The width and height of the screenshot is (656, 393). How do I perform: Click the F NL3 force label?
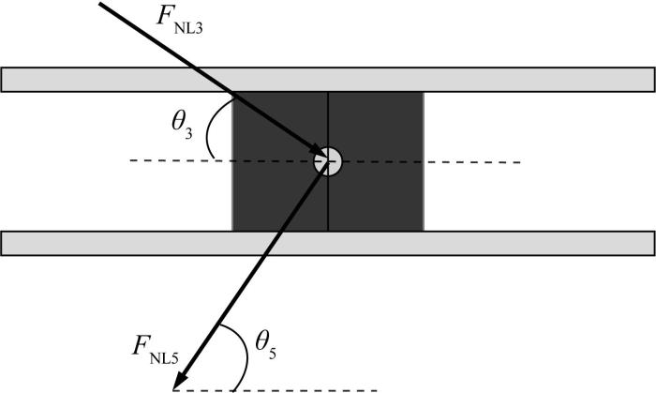179,20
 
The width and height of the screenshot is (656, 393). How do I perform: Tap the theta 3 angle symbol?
182,125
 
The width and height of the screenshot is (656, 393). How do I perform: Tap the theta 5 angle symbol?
265,346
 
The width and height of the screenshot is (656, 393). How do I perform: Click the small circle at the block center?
328,161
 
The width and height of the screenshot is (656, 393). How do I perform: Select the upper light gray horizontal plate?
328,80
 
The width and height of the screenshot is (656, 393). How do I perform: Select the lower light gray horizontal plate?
328,243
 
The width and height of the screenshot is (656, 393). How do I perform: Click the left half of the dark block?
280,161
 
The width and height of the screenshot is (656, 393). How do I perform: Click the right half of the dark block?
376,161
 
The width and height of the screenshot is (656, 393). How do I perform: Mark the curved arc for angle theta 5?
246,355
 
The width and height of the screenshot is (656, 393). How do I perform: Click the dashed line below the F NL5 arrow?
276,390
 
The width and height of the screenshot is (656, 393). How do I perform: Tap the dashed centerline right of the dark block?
472,161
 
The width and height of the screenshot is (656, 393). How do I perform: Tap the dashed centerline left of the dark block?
181,160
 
